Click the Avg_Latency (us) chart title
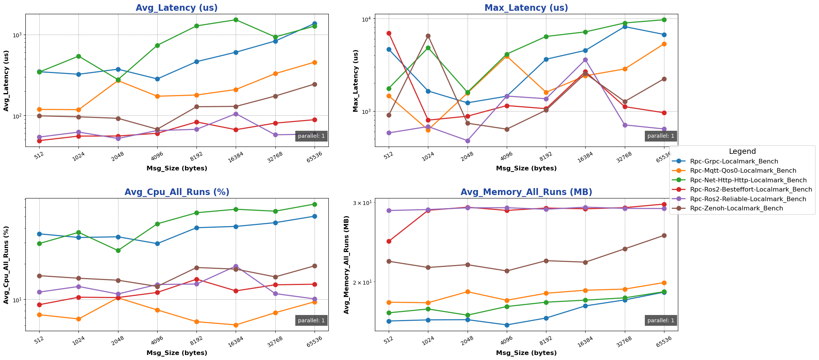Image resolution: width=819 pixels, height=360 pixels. click(x=176, y=8)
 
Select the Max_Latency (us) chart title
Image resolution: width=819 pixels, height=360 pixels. click(x=526, y=8)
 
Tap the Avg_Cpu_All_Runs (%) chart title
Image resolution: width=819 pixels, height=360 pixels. click(x=176, y=192)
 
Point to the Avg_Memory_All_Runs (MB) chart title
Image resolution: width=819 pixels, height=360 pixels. click(x=526, y=192)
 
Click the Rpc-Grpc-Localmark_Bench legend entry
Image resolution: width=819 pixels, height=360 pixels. click(x=734, y=162)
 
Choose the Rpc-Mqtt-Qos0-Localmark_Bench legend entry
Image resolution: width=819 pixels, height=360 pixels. click(x=737, y=171)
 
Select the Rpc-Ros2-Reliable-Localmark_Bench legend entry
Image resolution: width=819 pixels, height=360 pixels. click(x=742, y=199)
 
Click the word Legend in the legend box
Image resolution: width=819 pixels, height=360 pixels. click(x=742, y=152)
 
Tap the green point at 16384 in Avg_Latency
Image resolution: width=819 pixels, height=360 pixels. click(x=236, y=20)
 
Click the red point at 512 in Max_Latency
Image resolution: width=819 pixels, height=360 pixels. click(x=389, y=33)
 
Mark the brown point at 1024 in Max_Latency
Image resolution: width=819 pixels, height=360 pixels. click(x=428, y=36)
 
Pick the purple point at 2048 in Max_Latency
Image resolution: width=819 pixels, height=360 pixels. click(x=468, y=141)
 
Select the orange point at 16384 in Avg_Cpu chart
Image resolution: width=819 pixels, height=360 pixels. click(x=236, y=325)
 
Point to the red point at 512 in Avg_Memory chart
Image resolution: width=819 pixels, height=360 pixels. click(x=389, y=242)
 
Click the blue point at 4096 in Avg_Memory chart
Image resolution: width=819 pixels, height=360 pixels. click(x=507, y=325)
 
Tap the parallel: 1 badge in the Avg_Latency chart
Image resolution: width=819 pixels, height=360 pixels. click(x=311, y=136)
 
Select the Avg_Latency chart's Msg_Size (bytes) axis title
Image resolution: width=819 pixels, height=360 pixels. click(x=176, y=168)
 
